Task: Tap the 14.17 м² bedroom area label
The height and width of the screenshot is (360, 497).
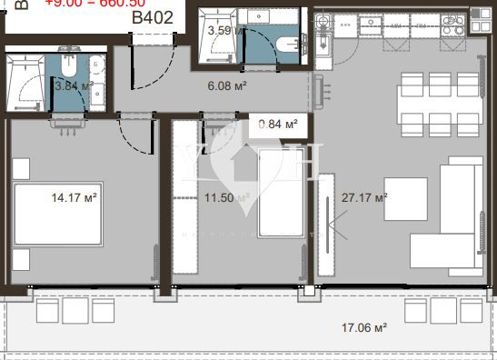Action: coord(75,194)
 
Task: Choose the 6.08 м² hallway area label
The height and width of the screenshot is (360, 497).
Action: coord(227,85)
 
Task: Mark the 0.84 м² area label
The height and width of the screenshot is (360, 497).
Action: coord(278,124)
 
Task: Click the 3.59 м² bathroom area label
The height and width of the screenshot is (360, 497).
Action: coord(225,30)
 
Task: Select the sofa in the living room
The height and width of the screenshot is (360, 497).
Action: coord(454,214)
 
